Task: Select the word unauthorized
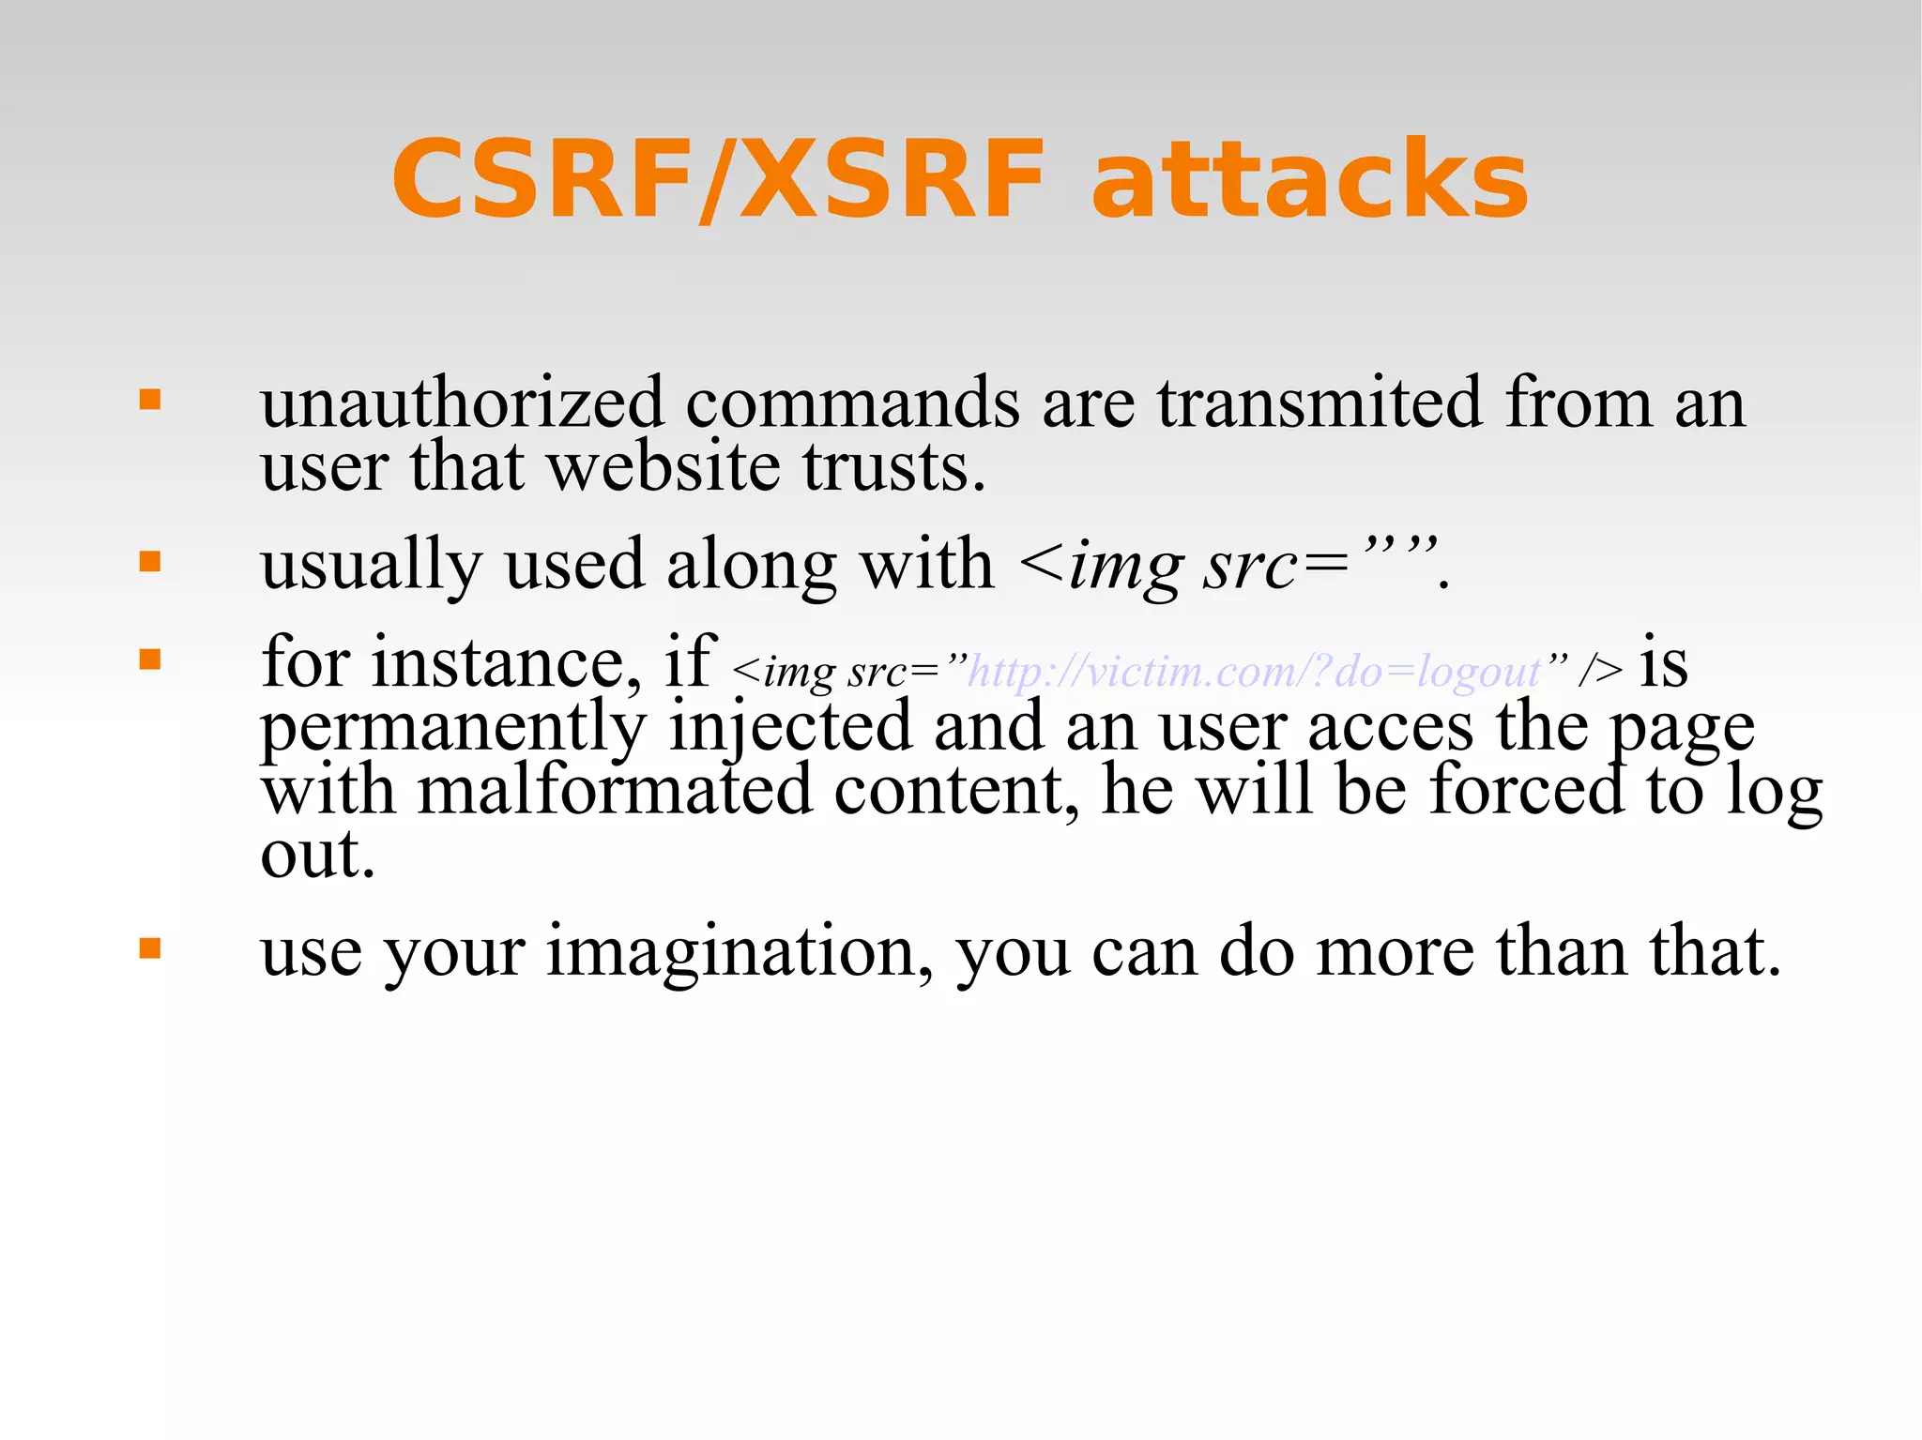coord(463,403)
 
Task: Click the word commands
coord(852,403)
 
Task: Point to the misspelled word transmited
coord(1319,403)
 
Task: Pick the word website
coord(663,467)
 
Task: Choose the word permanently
coord(453,728)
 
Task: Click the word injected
coord(790,728)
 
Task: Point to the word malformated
coord(615,790)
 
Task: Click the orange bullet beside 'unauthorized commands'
coord(150,401)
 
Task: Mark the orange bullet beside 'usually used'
coord(150,562)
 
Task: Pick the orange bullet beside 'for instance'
coord(150,659)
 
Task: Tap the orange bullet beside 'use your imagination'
coord(150,948)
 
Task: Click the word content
coord(956,790)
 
